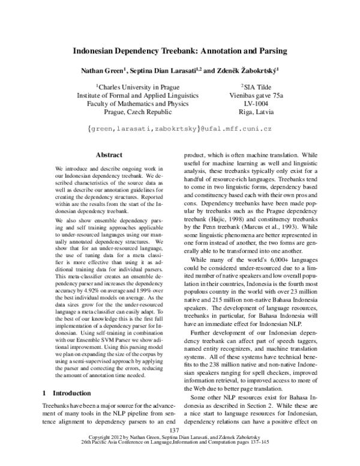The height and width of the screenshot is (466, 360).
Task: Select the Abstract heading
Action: pos(109,154)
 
